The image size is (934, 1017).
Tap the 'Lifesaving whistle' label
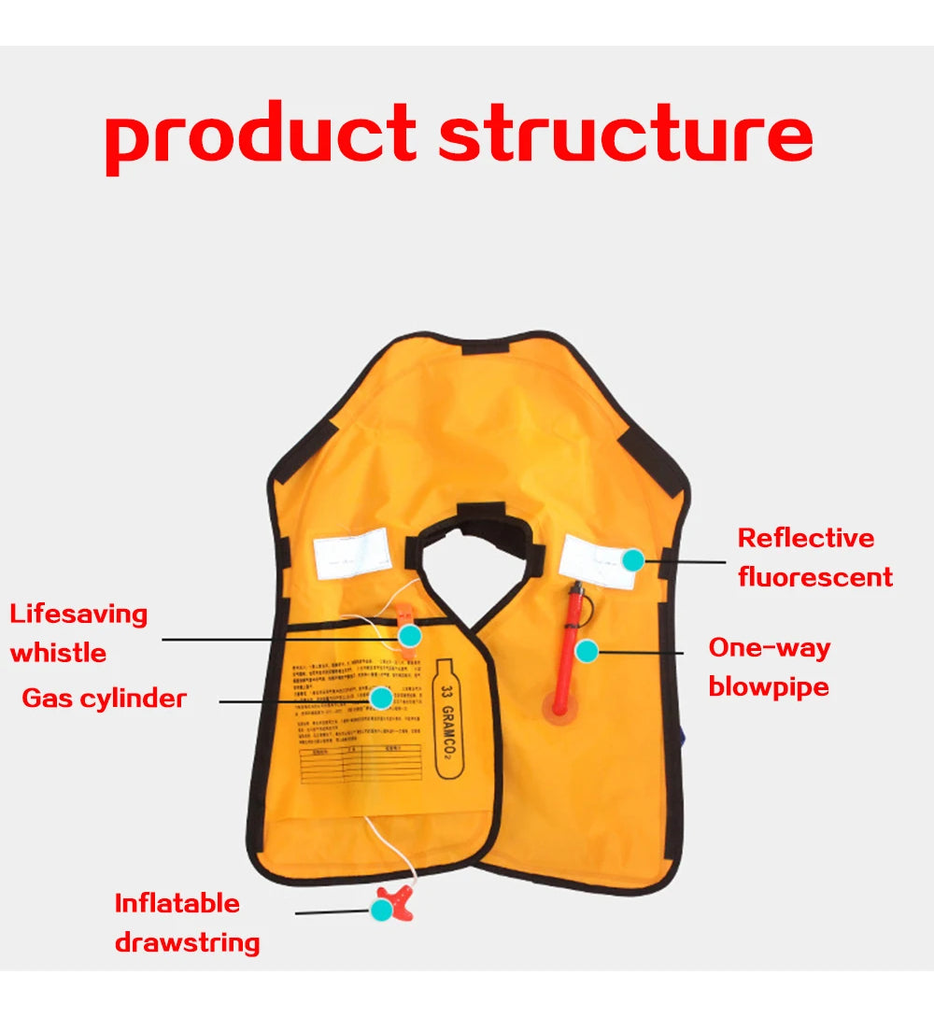78,633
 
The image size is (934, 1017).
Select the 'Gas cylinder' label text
104,699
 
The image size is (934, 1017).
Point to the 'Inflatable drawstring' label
187,923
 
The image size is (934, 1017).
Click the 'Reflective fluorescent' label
814,558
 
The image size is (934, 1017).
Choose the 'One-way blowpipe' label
769,667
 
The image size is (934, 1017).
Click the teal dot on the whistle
409,635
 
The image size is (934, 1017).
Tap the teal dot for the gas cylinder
381,698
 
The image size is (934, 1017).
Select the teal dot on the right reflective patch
633,559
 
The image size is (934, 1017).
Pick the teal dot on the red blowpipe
586,651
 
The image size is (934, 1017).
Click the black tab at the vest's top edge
485,345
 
